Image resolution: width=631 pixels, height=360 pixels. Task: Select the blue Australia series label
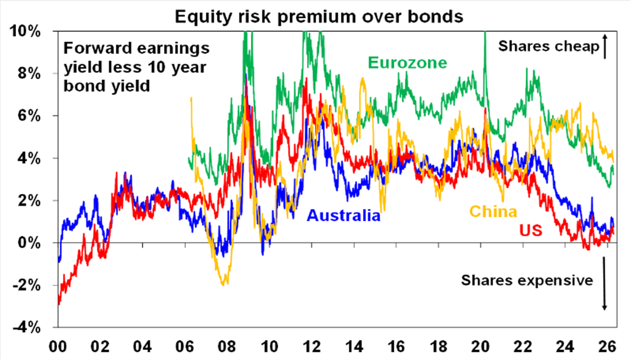tap(344, 215)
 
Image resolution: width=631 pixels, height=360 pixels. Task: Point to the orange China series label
tap(493, 211)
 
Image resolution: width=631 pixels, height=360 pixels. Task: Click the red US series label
tap(530, 231)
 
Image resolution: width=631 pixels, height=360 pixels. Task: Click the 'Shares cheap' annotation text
tap(548, 46)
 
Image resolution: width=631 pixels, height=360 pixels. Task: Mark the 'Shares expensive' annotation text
tap(527, 280)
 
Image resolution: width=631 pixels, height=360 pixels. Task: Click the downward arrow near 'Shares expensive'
tap(604, 284)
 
